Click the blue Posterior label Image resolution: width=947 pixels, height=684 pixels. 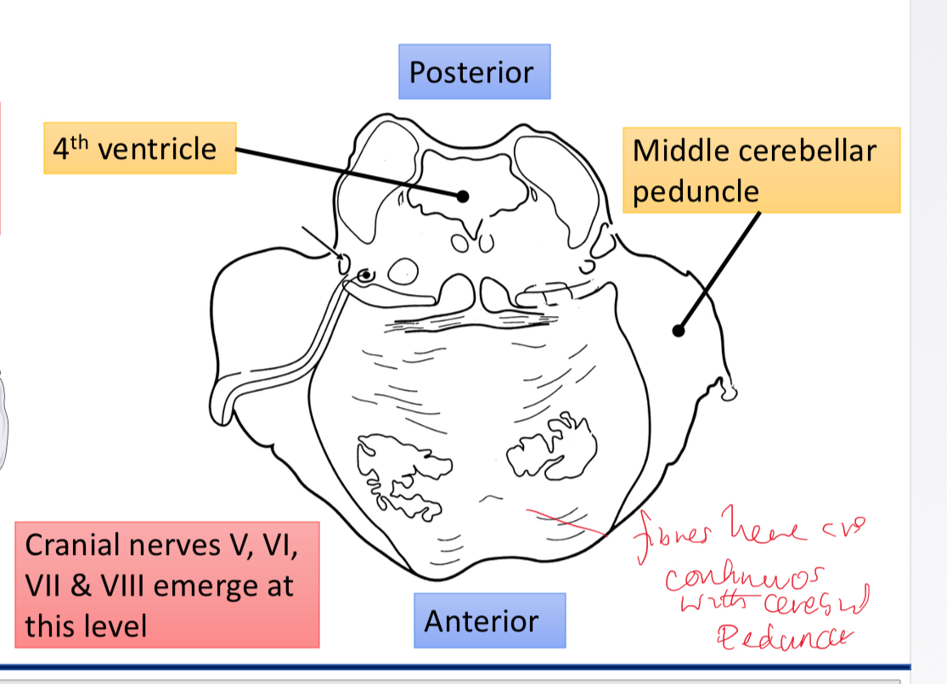pos(474,71)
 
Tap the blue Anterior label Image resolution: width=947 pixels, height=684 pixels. pos(481,621)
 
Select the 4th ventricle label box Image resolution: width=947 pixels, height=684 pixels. pos(139,150)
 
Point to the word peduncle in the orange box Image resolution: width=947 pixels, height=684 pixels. pos(696,190)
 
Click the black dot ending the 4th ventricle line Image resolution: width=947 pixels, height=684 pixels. pos(463,196)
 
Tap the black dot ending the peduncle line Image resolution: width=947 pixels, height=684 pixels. pos(678,331)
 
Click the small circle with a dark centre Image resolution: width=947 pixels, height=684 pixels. pos(366,275)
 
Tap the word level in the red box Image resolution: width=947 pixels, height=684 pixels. pos(115,626)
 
